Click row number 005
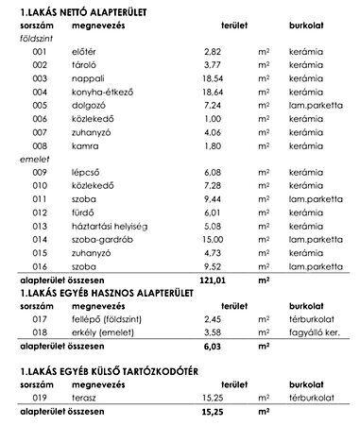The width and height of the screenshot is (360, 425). [x=39, y=122]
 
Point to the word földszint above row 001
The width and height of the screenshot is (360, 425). [x=37, y=45]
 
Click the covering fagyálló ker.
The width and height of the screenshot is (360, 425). [x=317, y=332]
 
